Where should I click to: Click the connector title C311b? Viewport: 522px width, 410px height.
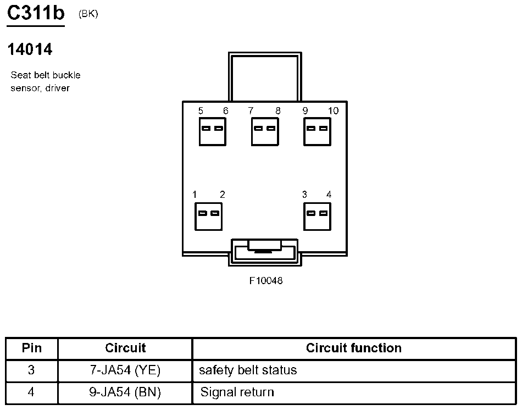[x=36, y=14]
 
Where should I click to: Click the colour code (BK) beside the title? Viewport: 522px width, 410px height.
[x=88, y=14]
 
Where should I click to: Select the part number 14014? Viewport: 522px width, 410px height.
[x=30, y=49]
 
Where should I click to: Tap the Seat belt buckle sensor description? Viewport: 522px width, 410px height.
[x=45, y=81]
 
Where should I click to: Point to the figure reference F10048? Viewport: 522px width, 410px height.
[x=266, y=281]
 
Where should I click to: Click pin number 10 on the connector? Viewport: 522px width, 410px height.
[x=333, y=111]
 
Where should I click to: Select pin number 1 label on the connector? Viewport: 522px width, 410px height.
[x=195, y=195]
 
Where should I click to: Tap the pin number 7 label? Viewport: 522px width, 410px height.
[x=251, y=111]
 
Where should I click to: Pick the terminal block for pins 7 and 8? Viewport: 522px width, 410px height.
[x=264, y=132]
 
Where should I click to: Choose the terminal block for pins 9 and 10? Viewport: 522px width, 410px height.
[x=317, y=132]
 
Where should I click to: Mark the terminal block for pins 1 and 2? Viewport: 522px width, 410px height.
[x=208, y=216]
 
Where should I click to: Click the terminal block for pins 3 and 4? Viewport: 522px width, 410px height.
[x=317, y=216]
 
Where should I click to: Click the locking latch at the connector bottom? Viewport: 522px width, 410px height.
[x=265, y=252]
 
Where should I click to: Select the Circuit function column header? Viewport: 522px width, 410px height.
[x=353, y=348]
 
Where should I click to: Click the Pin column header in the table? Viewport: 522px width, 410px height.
[x=31, y=348]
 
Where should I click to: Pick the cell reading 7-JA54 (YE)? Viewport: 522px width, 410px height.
[x=125, y=370]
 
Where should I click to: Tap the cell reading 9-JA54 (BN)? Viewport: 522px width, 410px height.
[x=125, y=392]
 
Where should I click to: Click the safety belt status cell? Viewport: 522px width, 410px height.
[x=248, y=370]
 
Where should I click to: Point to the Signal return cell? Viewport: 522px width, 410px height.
[x=237, y=392]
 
